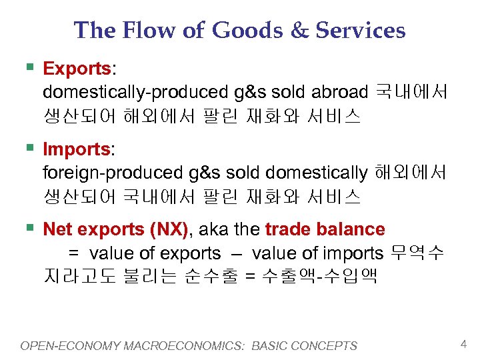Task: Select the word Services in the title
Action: [x=360, y=30]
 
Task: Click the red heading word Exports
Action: [x=76, y=69]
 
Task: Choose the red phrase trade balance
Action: [x=325, y=230]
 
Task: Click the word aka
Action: [x=212, y=230]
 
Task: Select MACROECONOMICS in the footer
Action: [x=189, y=346]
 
